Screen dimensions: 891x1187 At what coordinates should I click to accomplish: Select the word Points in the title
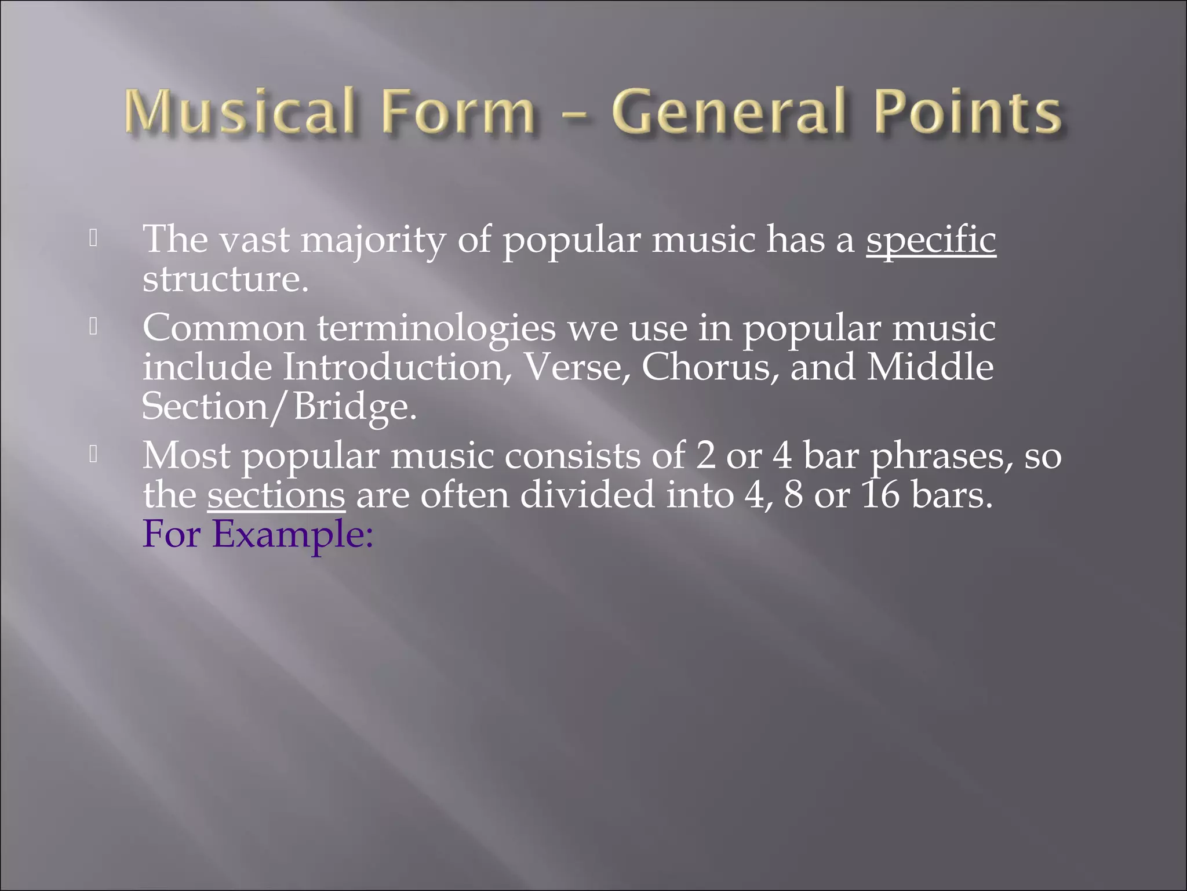pyautogui.click(x=968, y=111)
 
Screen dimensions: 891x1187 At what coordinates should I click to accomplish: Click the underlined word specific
pyautogui.click(x=931, y=239)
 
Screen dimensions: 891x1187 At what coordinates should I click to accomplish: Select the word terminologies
pyautogui.click(x=436, y=328)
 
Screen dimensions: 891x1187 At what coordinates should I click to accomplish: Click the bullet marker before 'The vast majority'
pyautogui.click(x=93, y=238)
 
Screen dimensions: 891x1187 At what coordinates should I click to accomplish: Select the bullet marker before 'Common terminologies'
pyautogui.click(x=93, y=328)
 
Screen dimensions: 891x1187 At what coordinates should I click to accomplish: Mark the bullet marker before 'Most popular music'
pyautogui.click(x=93, y=455)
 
